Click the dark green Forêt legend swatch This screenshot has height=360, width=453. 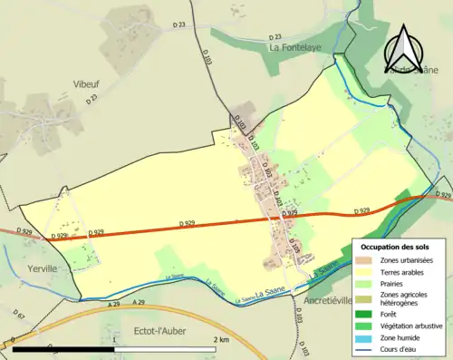point(368,315)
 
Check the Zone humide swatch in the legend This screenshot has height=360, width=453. point(368,338)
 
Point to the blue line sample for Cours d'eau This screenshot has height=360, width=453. point(368,350)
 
